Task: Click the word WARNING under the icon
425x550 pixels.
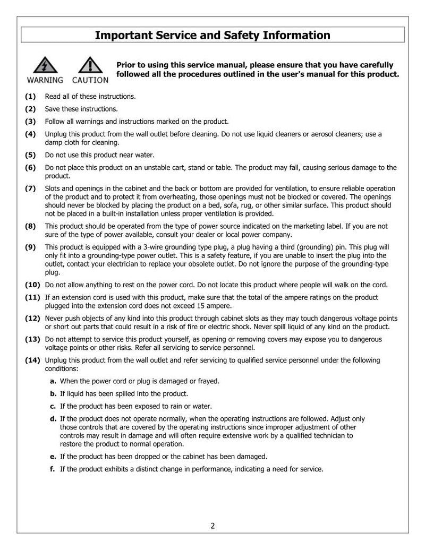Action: tap(45, 81)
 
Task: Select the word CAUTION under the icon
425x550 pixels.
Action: tap(90, 81)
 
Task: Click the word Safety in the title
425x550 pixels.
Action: tap(224, 36)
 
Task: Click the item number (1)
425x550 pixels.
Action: tap(30, 96)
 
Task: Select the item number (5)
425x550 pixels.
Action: tap(30, 155)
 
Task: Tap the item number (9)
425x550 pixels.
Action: tap(30, 247)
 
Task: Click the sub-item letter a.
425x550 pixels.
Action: tap(53, 381)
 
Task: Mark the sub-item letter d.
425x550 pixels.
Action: tap(53, 418)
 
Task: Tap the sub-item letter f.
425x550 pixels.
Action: tap(53, 469)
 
